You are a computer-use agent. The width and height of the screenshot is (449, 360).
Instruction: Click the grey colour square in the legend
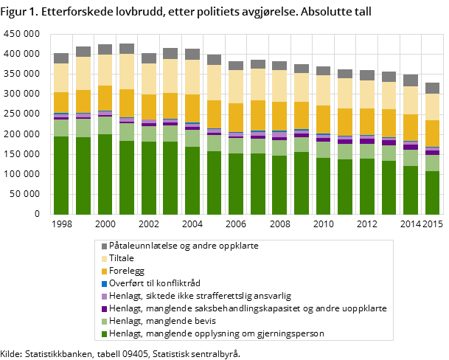pyautogui.click(x=104, y=246)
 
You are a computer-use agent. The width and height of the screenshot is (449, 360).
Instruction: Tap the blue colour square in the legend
pyautogui.click(x=104, y=283)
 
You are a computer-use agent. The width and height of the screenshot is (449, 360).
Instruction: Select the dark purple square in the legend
pyautogui.click(x=104, y=308)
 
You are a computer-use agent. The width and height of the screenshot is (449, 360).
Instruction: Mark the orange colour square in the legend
pyautogui.click(x=104, y=271)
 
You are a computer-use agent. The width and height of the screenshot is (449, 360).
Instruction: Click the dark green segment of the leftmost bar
pyautogui.click(x=61, y=176)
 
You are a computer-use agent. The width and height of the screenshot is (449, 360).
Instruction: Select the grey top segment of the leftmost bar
pyautogui.click(x=61, y=58)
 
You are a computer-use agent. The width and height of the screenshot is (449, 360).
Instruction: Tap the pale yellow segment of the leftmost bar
pyautogui.click(x=61, y=77)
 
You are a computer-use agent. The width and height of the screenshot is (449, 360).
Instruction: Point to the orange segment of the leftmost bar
pyautogui.click(x=61, y=103)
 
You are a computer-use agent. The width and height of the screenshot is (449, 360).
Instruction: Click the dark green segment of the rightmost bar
pyautogui.click(x=433, y=193)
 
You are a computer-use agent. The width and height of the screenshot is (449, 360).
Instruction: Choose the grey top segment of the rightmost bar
pyautogui.click(x=433, y=88)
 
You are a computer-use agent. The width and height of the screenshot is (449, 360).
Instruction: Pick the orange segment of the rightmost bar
pyautogui.click(x=433, y=134)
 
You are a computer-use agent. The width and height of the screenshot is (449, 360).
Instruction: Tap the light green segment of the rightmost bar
pyautogui.click(x=433, y=163)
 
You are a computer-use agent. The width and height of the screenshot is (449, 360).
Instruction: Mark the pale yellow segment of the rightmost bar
pyautogui.click(x=433, y=107)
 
